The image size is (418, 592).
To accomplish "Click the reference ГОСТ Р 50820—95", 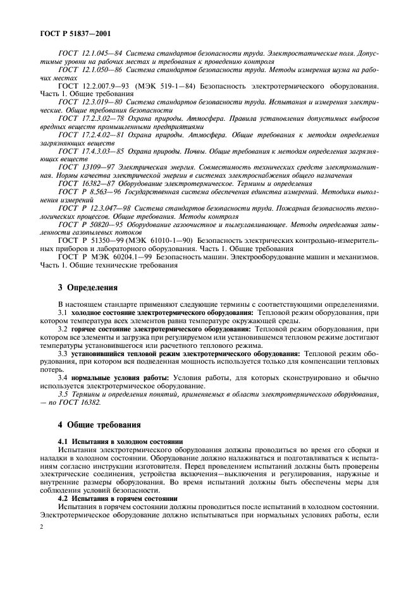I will click(x=90, y=225).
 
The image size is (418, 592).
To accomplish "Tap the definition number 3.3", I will click(x=63, y=354).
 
